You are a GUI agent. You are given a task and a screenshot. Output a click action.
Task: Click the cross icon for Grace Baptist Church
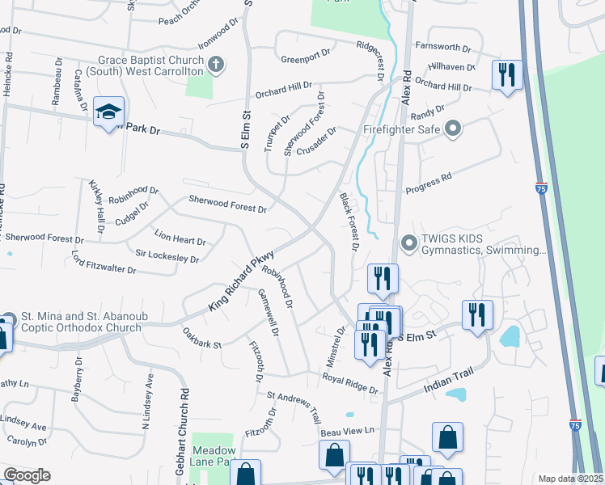click(x=215, y=64)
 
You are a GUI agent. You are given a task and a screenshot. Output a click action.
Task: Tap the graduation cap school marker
click(x=107, y=112)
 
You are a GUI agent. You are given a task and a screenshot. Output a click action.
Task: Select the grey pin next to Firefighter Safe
click(x=453, y=129)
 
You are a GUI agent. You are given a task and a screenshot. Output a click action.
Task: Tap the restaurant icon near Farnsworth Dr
click(x=507, y=76)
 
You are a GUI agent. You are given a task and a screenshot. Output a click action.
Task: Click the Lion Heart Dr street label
click(x=180, y=240)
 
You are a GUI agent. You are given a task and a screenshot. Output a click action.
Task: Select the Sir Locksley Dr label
click(x=167, y=257)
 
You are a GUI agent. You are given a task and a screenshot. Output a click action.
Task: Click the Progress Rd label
click(x=428, y=183)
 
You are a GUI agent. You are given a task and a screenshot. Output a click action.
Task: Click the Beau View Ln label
click(x=349, y=431)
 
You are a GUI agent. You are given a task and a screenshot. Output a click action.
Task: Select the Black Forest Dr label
click(x=348, y=222)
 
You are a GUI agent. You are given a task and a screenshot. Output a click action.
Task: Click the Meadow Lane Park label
click(x=214, y=456)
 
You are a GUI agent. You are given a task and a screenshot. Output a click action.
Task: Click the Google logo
click(x=26, y=475)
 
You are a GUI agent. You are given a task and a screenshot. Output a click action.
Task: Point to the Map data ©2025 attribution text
click(x=570, y=479)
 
